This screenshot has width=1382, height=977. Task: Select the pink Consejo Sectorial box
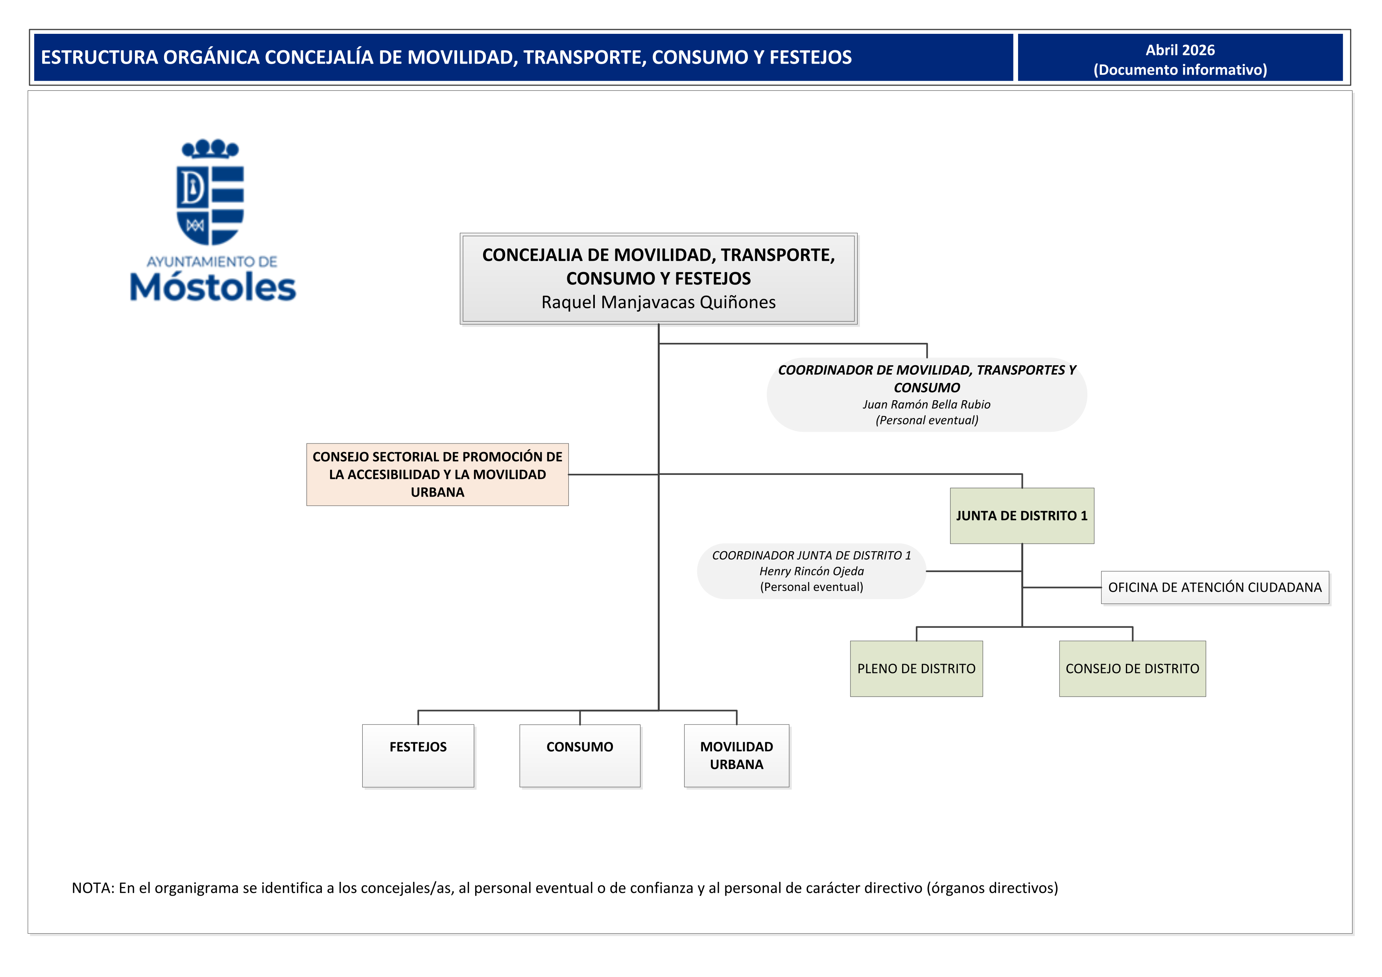click(x=437, y=474)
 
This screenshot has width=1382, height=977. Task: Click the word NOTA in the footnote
click(x=92, y=888)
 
